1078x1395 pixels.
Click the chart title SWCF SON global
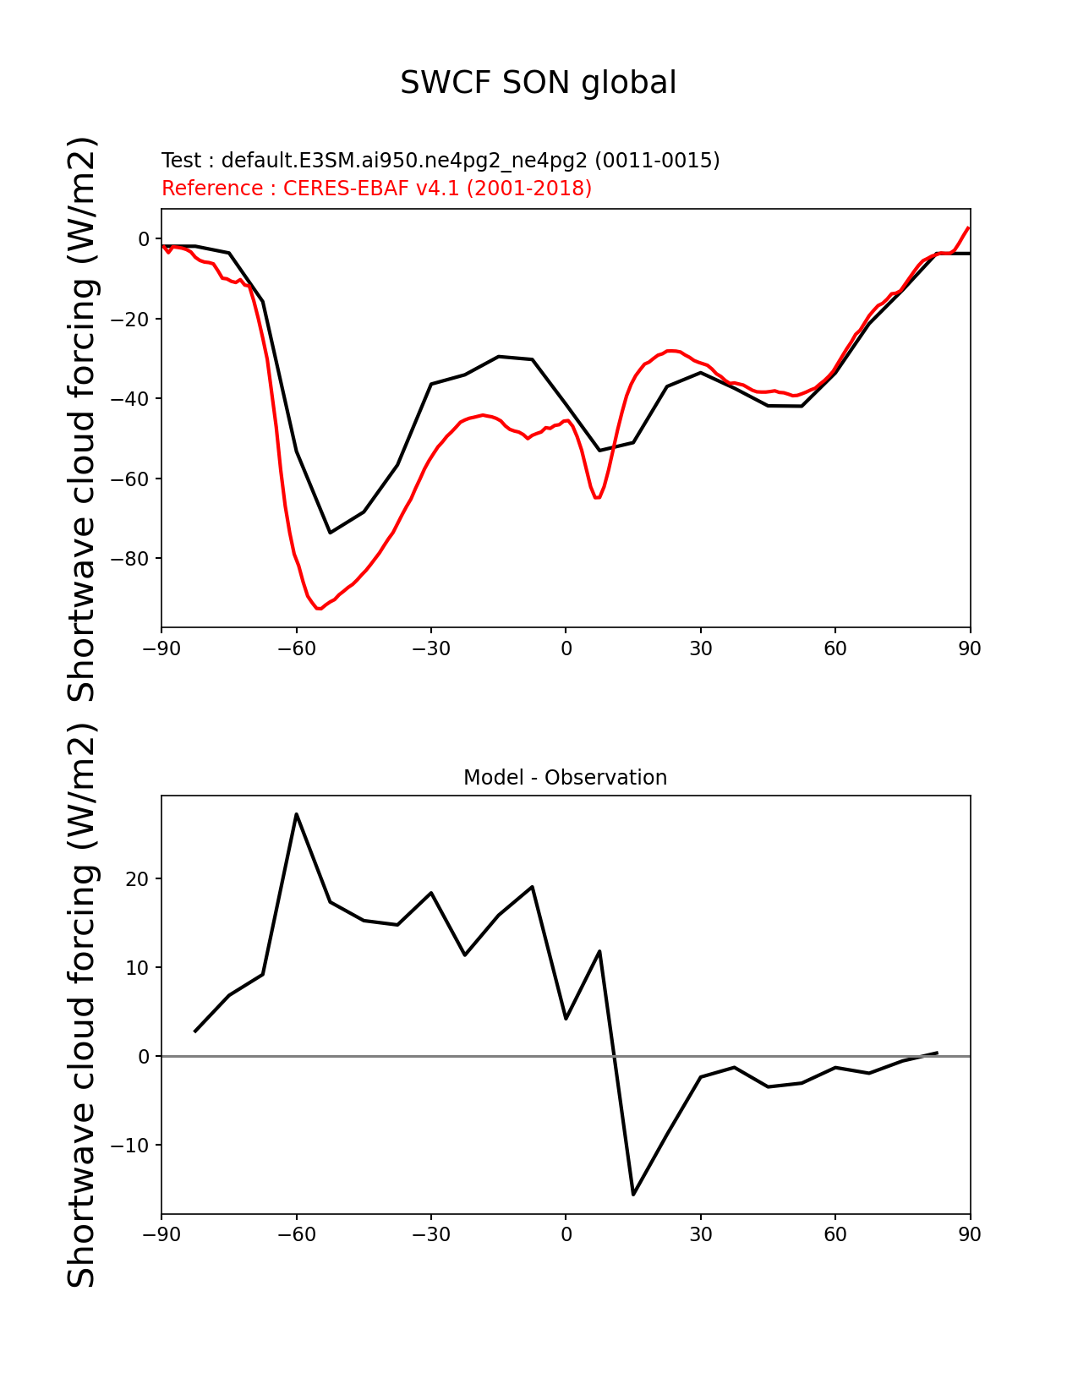pos(538,83)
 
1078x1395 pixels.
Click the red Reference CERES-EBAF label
pos(376,188)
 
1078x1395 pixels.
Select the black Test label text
pos(441,160)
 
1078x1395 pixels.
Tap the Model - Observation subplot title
pos(565,777)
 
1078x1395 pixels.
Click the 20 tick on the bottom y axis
pos(137,879)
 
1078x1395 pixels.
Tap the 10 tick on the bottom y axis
pos(137,968)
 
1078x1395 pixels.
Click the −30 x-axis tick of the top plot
pos(430,648)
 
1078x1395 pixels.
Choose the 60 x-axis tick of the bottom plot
pos(835,1234)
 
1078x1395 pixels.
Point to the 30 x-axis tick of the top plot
pos(700,648)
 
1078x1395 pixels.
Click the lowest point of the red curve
pos(319,609)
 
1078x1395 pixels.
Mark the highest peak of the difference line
pos(296,814)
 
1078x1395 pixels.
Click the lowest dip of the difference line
pos(632,1194)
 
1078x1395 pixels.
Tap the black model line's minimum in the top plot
pos(331,532)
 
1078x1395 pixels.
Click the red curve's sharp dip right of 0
pos(597,497)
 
